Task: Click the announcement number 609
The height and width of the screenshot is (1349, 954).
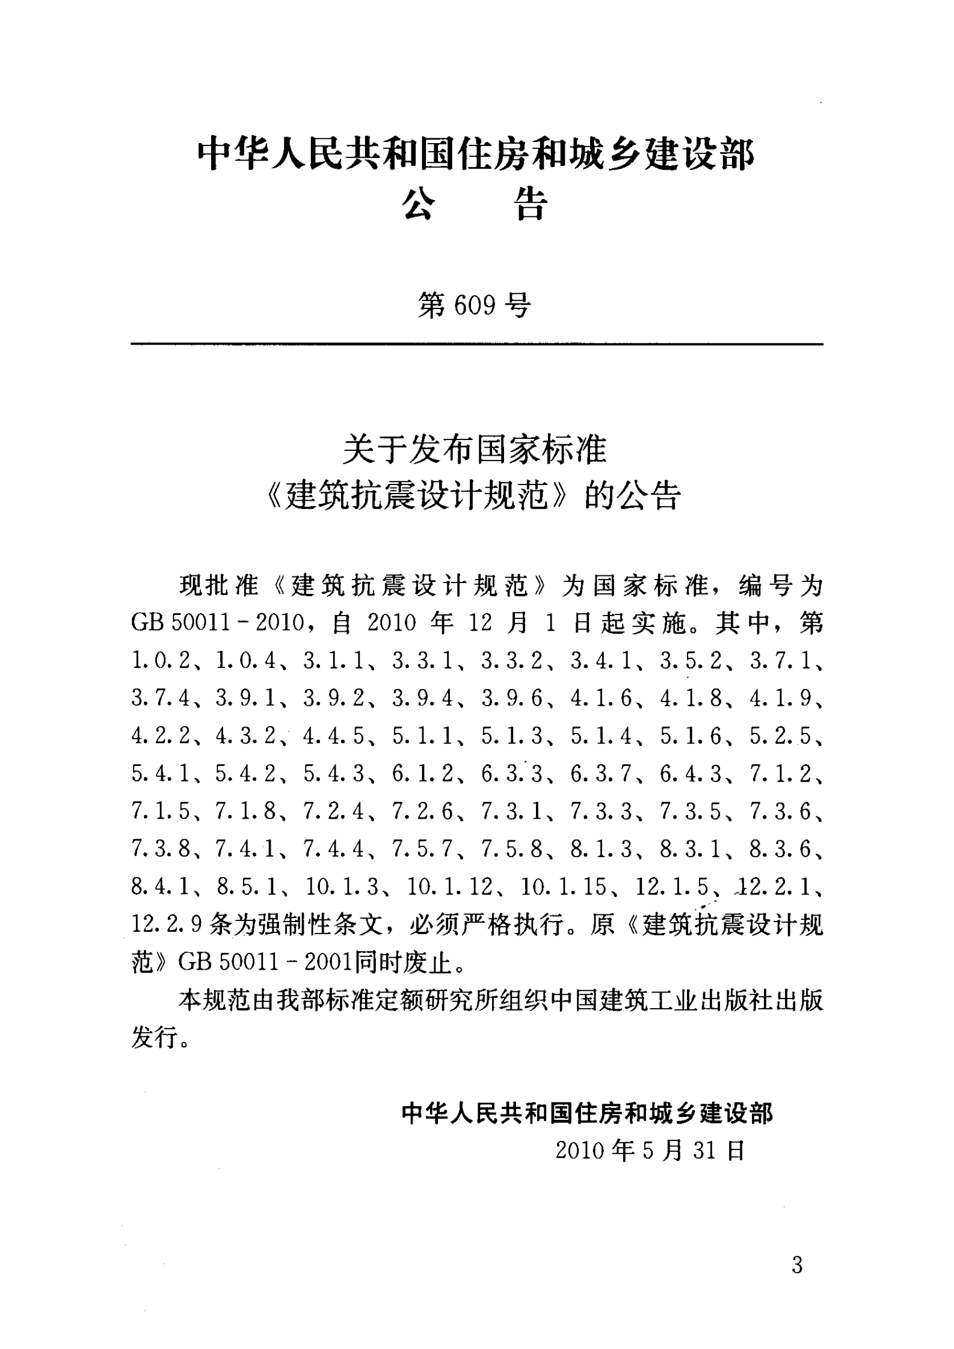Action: [475, 307]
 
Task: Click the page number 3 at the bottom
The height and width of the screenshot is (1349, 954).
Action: [797, 1266]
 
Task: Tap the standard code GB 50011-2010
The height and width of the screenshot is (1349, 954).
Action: [217, 623]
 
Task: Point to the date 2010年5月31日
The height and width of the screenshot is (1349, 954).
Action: [650, 1151]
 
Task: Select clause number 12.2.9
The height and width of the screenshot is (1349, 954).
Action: [166, 925]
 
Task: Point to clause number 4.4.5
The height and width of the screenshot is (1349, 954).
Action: [334, 736]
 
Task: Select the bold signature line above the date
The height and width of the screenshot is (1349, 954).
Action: [587, 1113]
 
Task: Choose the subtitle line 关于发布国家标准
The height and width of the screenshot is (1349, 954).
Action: [475, 450]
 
